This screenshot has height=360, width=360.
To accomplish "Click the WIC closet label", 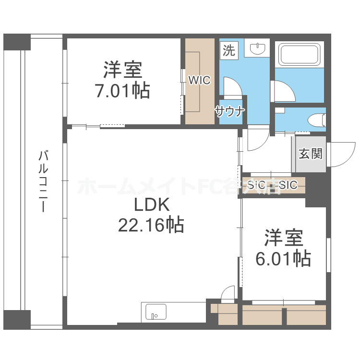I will (x=199, y=81).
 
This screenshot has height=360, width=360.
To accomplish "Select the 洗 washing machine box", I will (x=229, y=50).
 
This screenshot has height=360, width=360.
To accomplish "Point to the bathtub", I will (x=300, y=54).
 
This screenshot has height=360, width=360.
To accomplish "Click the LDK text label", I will (x=151, y=205).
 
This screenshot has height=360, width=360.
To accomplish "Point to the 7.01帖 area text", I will (x=122, y=90).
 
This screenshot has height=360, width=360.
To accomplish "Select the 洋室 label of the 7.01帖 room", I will (x=122, y=70).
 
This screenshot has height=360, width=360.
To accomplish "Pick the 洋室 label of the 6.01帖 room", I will (x=283, y=238).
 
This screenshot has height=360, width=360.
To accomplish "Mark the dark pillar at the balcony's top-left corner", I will (x=17, y=42).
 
